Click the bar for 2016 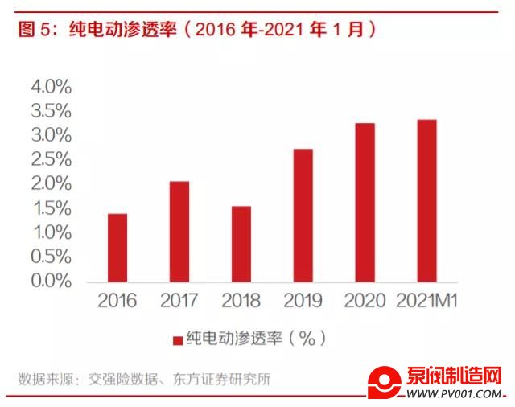coord(117,248)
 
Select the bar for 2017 coord(179,232)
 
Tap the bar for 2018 coord(241,244)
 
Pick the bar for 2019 coord(303,216)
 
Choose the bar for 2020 coord(365,203)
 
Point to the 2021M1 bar coord(426,201)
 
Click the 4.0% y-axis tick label coord(51,86)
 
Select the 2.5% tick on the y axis coord(51,159)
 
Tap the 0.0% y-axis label coord(51,281)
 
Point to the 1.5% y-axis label coord(51,208)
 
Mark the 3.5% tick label coord(51,111)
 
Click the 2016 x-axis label coord(117,302)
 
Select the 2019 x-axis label coord(303,302)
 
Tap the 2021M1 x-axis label coord(426,302)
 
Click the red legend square coord(176,339)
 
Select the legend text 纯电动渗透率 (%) coord(256,339)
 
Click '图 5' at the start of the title coord(32,30)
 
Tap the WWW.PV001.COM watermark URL coord(455,393)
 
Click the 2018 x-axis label coord(241,302)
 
